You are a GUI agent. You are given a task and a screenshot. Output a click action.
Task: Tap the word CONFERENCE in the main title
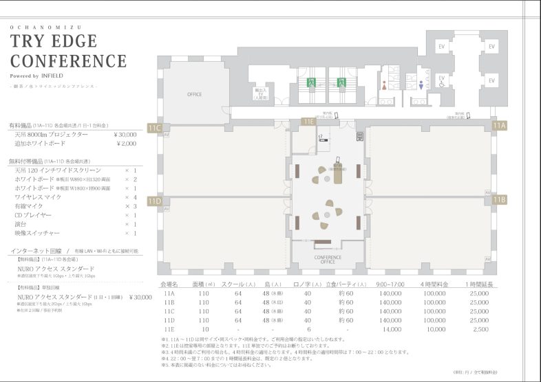tap(68, 60)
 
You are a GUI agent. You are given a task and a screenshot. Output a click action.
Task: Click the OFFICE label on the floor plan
tap(195, 94)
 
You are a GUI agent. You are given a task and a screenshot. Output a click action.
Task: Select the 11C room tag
tap(154, 127)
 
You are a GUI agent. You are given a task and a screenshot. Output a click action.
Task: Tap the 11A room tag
tap(499, 126)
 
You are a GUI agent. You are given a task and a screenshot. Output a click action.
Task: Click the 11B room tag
tap(499, 200)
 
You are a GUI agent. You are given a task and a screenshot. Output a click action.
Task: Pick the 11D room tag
tap(154, 201)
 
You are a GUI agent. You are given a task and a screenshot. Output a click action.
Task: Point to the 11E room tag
tap(308, 122)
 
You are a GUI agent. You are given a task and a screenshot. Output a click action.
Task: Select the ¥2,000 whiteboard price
tap(126, 144)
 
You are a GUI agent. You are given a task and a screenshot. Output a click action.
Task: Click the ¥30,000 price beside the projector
tap(124, 135)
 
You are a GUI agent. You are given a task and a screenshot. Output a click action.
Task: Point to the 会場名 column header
tap(169, 284)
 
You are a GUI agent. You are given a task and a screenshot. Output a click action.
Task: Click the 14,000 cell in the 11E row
tap(391, 329)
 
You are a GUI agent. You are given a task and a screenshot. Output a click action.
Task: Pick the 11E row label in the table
tap(169, 329)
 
